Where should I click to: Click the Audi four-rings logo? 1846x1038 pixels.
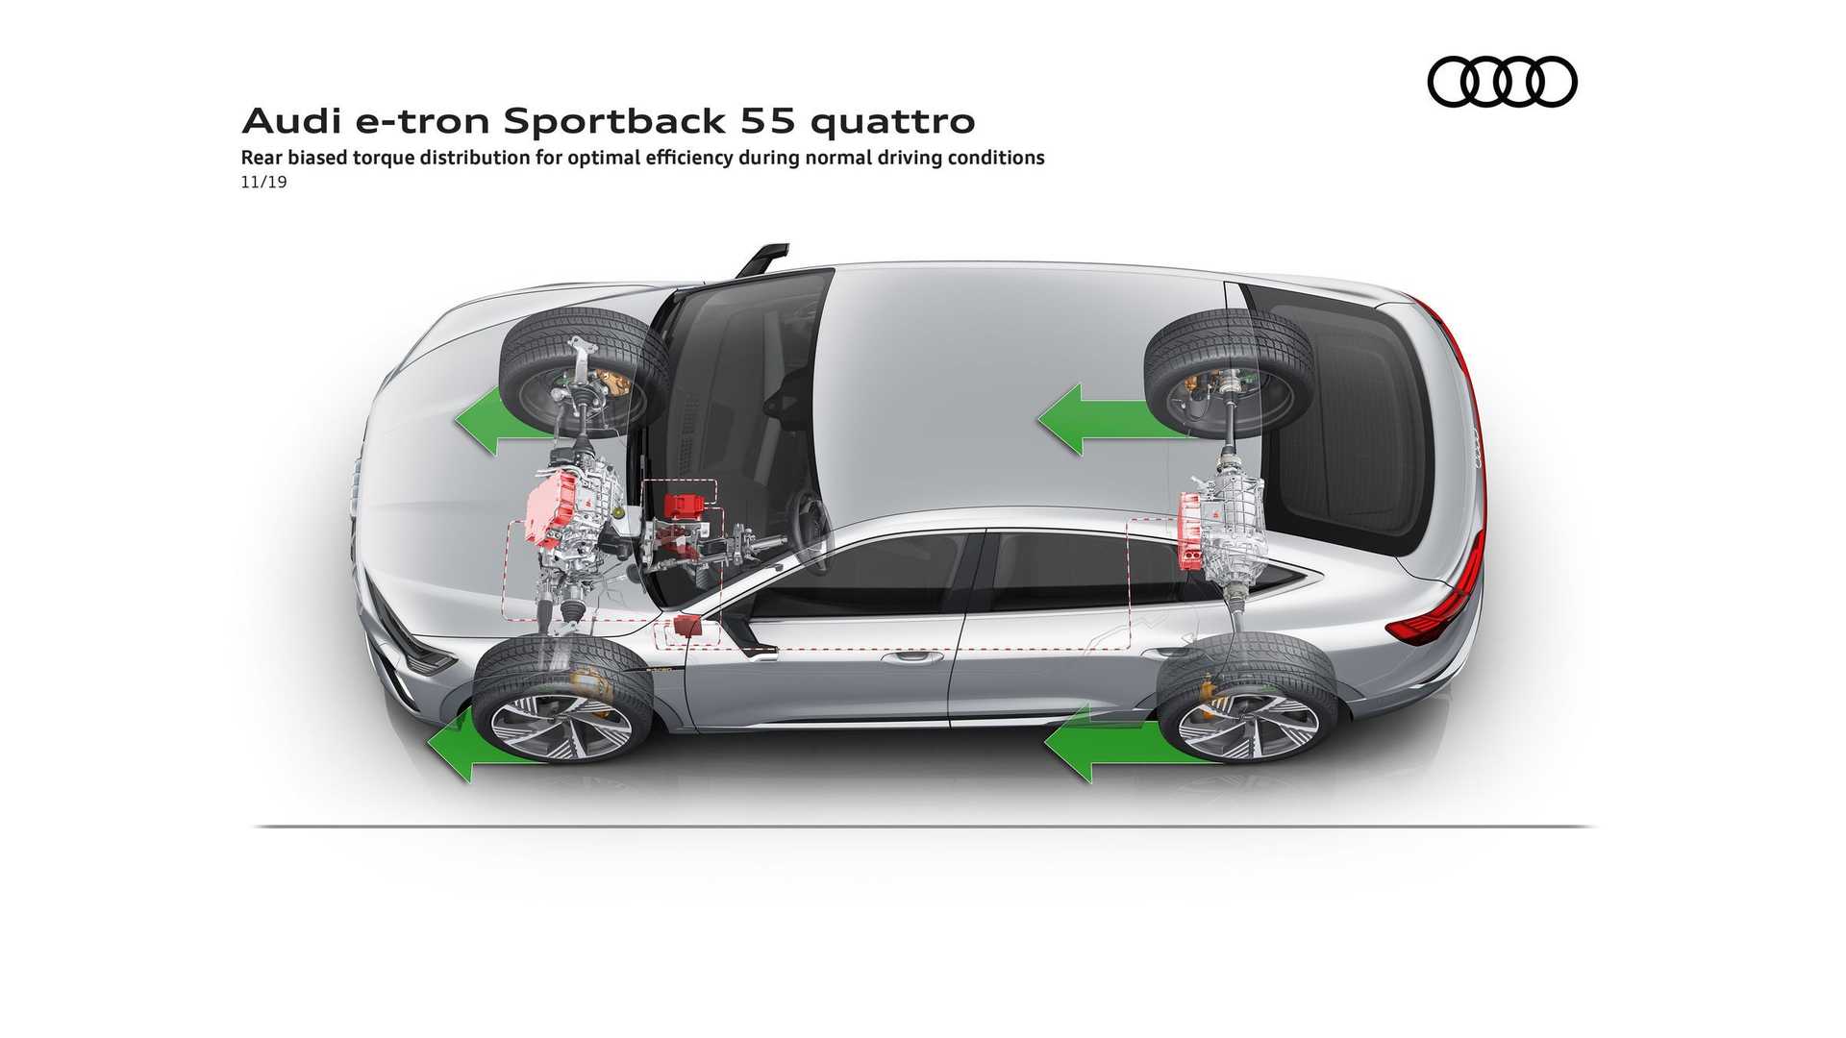(x=1502, y=81)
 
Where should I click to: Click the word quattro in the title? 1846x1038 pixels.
(x=892, y=121)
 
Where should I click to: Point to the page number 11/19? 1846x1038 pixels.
(x=263, y=182)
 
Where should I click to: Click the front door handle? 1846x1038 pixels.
(x=911, y=658)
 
